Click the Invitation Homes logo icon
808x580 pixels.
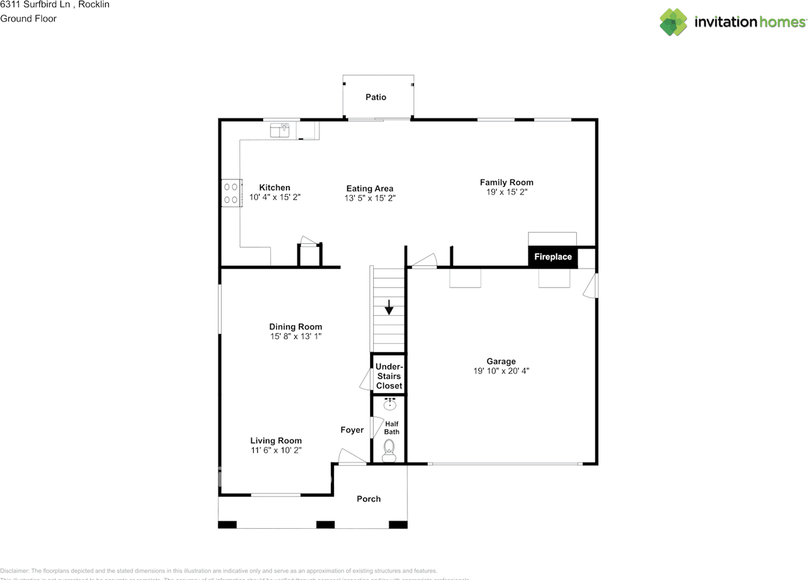(x=674, y=22)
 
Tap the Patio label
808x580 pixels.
(x=376, y=97)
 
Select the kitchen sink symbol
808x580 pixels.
(x=280, y=131)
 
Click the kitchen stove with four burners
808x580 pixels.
(x=230, y=193)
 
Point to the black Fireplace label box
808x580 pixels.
(x=553, y=257)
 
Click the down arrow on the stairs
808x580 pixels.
(x=389, y=307)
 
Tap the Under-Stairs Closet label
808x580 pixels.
(x=389, y=377)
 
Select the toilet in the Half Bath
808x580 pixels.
(x=389, y=450)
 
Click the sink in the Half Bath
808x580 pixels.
(x=389, y=404)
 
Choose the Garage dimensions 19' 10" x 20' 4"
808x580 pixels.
(x=501, y=372)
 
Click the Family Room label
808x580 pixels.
(x=506, y=183)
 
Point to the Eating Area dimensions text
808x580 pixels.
(x=370, y=198)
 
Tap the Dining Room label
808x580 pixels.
(x=295, y=327)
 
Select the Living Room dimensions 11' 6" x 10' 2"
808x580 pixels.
(x=276, y=450)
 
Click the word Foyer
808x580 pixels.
(x=352, y=430)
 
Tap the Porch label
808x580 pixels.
(x=369, y=499)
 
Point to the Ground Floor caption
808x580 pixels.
(x=28, y=18)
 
